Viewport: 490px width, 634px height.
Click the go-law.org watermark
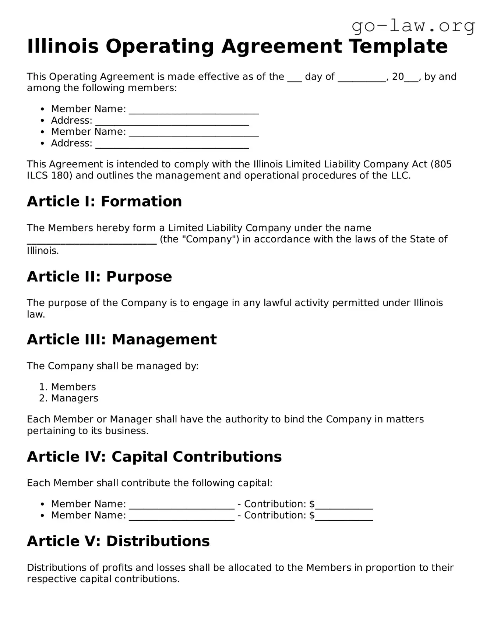point(413,26)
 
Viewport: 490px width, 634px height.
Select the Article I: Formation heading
point(104,201)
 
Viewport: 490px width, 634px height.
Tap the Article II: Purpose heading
point(99,276)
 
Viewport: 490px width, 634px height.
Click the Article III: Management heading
point(121,339)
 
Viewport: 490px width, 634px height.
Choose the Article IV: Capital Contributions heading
point(154,457)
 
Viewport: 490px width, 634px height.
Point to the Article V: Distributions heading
point(118,541)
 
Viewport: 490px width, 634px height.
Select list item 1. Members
point(73,387)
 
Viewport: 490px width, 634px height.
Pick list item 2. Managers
point(74,398)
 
